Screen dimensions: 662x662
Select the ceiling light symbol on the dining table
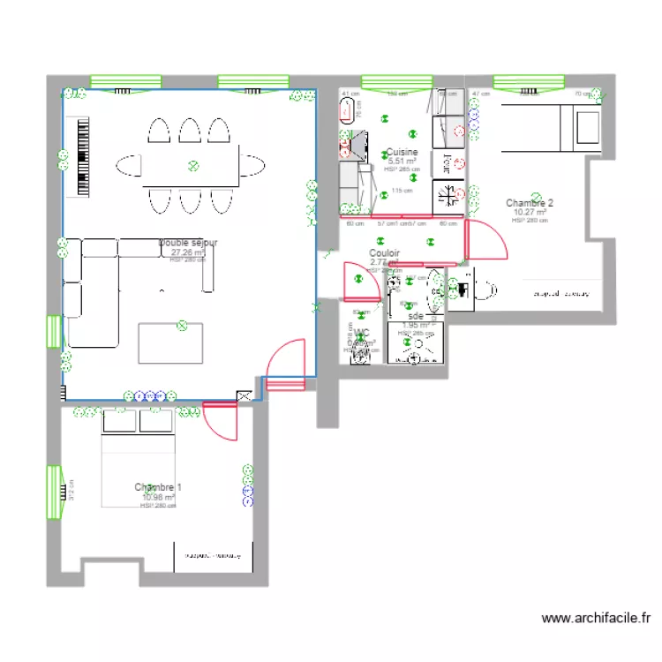coord(192,164)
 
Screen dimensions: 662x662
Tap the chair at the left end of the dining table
coord(129,165)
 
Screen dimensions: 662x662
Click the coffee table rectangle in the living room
coord(170,343)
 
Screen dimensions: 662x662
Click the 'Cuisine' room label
coord(402,153)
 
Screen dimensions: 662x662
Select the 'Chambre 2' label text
coord(530,203)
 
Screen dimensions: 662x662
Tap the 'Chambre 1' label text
coord(159,487)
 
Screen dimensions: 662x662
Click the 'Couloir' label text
coord(385,252)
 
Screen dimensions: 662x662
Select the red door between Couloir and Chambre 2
coord(486,239)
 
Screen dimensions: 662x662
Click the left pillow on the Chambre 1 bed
coord(121,421)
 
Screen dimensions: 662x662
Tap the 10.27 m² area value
coord(530,213)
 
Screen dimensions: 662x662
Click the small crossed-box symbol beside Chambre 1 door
coord(242,397)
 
